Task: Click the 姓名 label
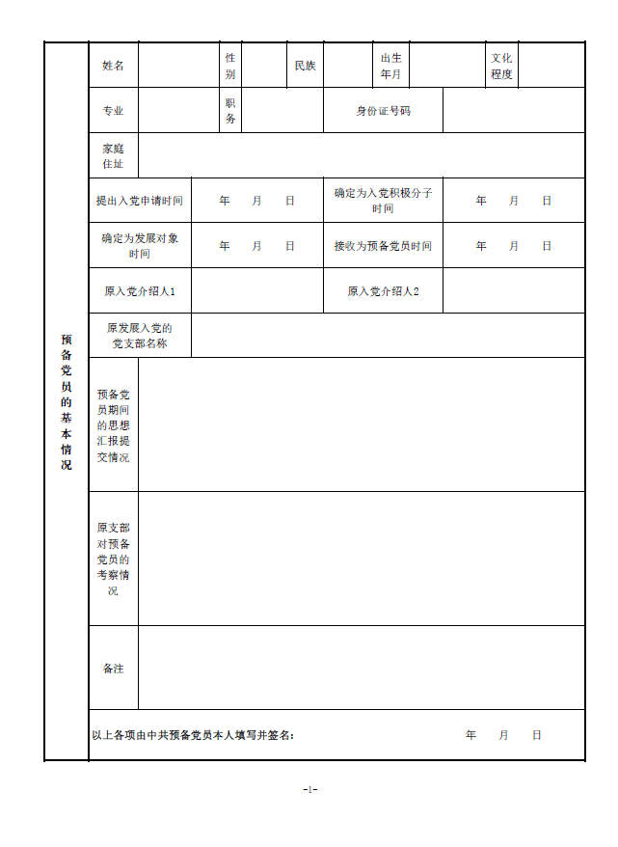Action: point(114,66)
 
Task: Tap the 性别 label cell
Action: point(229,66)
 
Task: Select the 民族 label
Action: point(305,66)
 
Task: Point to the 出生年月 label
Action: point(390,66)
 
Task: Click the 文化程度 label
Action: point(501,66)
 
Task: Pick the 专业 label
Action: point(114,111)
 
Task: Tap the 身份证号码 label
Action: point(383,111)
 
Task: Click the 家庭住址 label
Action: point(114,155)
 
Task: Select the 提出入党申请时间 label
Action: point(140,201)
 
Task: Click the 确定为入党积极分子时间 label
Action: point(383,201)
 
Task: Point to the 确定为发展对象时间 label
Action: point(140,246)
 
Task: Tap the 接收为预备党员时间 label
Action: point(383,246)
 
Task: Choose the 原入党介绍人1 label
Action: point(140,291)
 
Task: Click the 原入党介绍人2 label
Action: point(383,291)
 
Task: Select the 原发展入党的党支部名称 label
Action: point(140,336)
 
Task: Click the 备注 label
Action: point(114,668)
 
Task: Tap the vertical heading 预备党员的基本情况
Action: point(67,402)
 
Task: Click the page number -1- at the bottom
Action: point(309,789)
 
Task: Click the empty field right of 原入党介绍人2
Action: point(514,291)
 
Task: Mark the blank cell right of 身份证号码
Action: point(514,111)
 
